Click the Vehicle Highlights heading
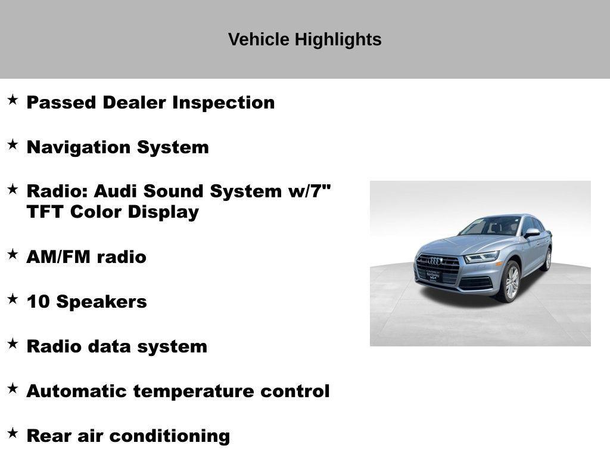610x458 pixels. pyautogui.click(x=304, y=39)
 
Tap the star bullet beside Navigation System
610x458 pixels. pyautogui.click(x=13, y=145)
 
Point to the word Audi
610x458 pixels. pyautogui.click(x=116, y=191)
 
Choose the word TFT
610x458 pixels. pyautogui.click(x=46, y=212)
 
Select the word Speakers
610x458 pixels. pyautogui.click(x=101, y=302)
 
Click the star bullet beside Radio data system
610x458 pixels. pyautogui.click(x=13, y=344)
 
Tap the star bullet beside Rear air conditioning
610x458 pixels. pyautogui.click(x=13, y=434)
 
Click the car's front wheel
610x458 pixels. pyautogui.click(x=511, y=281)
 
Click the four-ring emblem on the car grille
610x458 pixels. pyautogui.click(x=435, y=261)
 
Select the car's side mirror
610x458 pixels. pyautogui.click(x=531, y=233)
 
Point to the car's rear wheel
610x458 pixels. pyautogui.click(x=547, y=259)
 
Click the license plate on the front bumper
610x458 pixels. pyautogui.click(x=430, y=276)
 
